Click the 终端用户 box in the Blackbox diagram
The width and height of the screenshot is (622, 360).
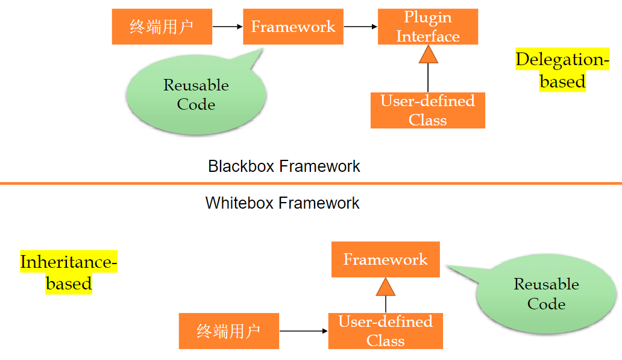click(162, 27)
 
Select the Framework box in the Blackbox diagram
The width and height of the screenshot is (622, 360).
click(293, 27)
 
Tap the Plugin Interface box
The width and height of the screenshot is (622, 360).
click(428, 27)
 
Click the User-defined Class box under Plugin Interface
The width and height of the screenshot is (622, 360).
click(427, 110)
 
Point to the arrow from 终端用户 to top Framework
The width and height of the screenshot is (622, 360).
click(227, 27)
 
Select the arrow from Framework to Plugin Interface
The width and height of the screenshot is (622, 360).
click(360, 27)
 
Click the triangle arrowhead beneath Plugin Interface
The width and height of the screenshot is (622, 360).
click(428, 54)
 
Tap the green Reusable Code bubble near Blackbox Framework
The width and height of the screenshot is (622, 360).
click(196, 95)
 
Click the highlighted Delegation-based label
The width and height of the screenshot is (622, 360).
click(562, 70)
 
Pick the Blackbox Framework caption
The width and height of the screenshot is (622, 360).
click(284, 166)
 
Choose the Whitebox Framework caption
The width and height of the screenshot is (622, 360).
click(282, 203)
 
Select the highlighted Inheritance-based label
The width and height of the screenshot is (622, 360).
click(69, 273)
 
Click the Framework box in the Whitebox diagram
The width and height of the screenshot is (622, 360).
click(385, 259)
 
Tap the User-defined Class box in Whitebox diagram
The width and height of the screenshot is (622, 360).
click(385, 331)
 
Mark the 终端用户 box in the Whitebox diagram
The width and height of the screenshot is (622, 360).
click(228, 331)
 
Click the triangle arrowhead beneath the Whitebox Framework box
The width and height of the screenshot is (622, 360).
click(386, 286)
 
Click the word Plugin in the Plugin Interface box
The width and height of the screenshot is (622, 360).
click(428, 17)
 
